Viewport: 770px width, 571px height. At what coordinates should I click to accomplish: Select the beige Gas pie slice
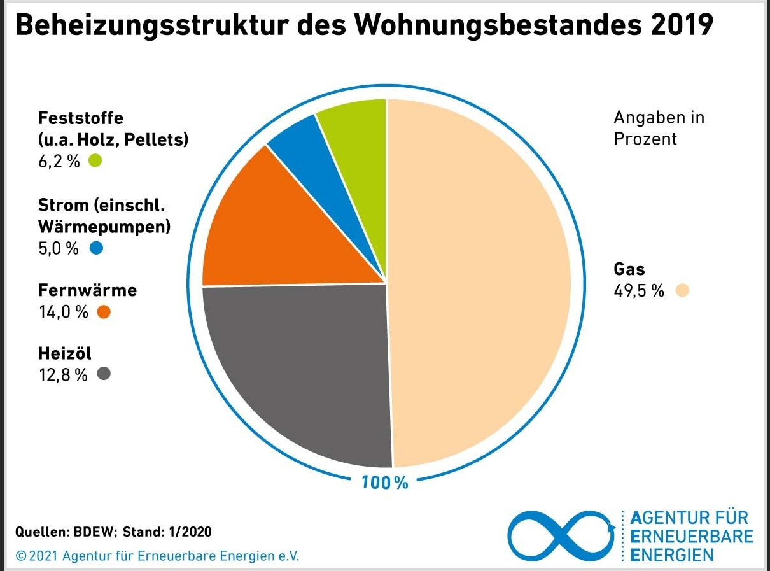point(477,280)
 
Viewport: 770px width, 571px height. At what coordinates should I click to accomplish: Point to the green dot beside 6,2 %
point(95,160)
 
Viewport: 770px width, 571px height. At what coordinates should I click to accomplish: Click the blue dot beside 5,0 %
point(96,248)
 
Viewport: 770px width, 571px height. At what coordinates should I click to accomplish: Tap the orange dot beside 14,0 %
point(104,312)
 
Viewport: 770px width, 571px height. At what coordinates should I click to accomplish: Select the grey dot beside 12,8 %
point(104,374)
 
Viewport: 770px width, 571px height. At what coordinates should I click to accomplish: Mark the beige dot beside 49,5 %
point(682,291)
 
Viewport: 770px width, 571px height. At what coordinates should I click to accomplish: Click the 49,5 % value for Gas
point(638,291)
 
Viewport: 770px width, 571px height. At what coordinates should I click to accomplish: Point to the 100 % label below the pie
point(384,483)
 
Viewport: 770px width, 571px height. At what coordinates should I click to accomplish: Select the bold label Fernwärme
point(87,290)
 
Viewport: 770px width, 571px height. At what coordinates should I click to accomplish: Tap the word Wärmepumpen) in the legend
point(104,226)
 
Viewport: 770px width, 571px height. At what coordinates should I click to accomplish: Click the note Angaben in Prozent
point(659,128)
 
